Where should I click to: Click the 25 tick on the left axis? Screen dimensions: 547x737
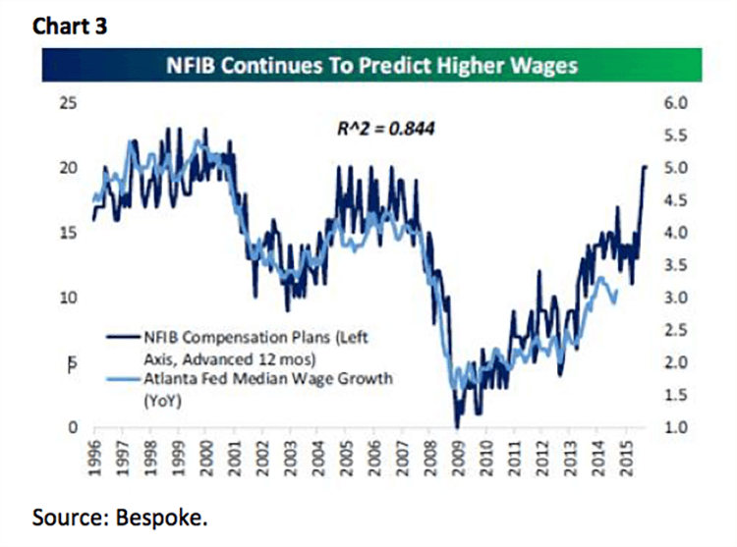(x=69, y=103)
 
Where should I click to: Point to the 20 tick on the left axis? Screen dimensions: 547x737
(x=69, y=168)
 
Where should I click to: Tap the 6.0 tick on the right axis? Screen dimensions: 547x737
(x=682, y=103)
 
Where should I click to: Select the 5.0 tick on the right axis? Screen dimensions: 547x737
(x=682, y=168)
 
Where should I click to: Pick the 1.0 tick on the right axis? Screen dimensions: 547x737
(x=682, y=428)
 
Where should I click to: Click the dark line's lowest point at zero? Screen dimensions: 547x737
(x=457, y=426)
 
